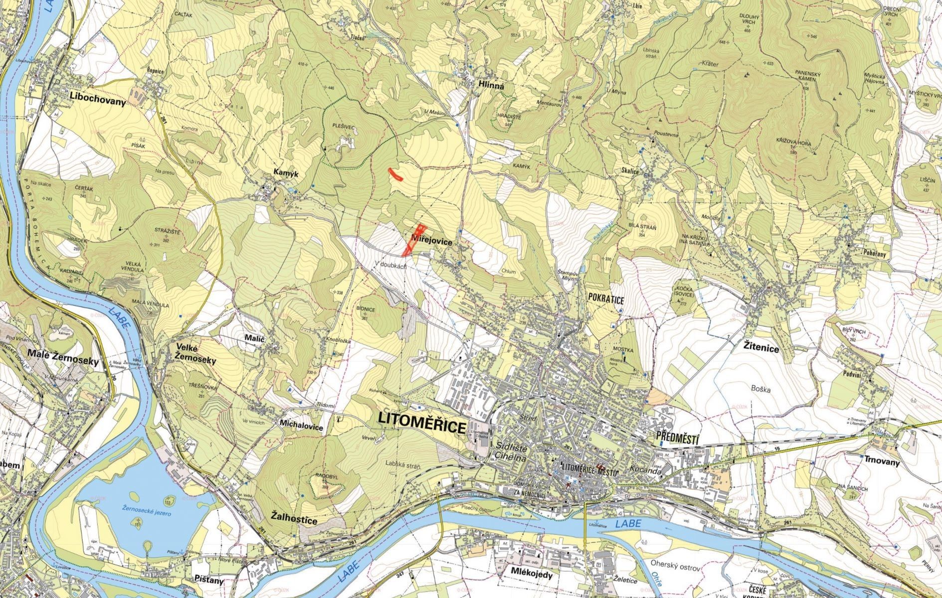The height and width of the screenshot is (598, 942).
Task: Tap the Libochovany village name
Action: click(98, 96)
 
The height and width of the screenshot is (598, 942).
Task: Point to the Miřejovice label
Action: click(432, 241)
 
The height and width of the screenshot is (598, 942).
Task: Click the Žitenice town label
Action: click(761, 348)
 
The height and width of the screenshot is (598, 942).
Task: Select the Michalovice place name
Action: click(302, 428)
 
